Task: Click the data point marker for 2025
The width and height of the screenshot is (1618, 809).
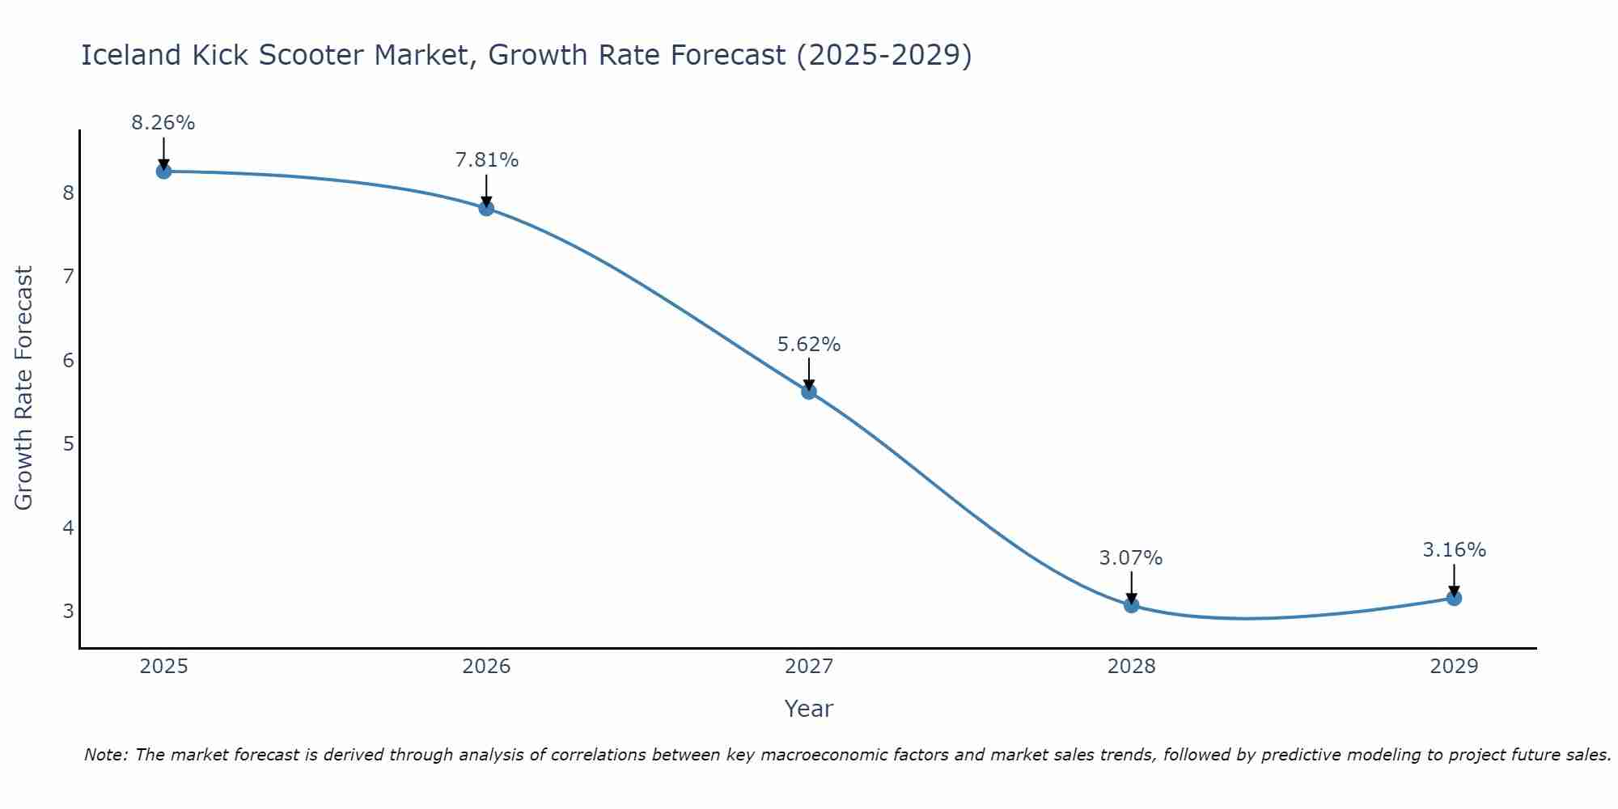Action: coord(163,171)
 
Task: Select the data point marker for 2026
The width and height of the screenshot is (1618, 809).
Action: coord(486,208)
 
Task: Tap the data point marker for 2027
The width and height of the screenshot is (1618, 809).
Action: coord(809,392)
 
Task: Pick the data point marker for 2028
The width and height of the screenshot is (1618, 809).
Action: coord(1131,604)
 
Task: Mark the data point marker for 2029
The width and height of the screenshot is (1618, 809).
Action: coord(1454,598)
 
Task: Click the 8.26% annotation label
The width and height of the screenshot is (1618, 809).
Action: coord(163,123)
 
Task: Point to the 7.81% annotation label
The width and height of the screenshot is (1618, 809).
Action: coord(486,160)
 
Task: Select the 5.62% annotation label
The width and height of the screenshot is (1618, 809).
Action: coord(809,345)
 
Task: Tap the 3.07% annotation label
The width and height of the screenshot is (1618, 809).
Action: coord(1131,558)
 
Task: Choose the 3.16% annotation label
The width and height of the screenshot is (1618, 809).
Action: coord(1454,550)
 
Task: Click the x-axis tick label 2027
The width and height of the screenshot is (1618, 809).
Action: coord(809,667)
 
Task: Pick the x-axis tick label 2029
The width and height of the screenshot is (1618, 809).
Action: coord(1454,667)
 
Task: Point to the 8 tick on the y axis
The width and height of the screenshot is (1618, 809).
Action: coord(68,193)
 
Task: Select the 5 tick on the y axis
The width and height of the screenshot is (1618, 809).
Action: coord(68,443)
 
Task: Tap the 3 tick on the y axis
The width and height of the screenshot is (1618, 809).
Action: coord(68,611)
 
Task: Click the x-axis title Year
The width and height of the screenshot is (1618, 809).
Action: coord(809,709)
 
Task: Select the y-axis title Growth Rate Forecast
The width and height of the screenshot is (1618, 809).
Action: coord(24,388)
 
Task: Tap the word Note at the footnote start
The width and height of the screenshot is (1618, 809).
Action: coord(105,755)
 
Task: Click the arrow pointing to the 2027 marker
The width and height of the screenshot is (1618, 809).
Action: coord(809,374)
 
